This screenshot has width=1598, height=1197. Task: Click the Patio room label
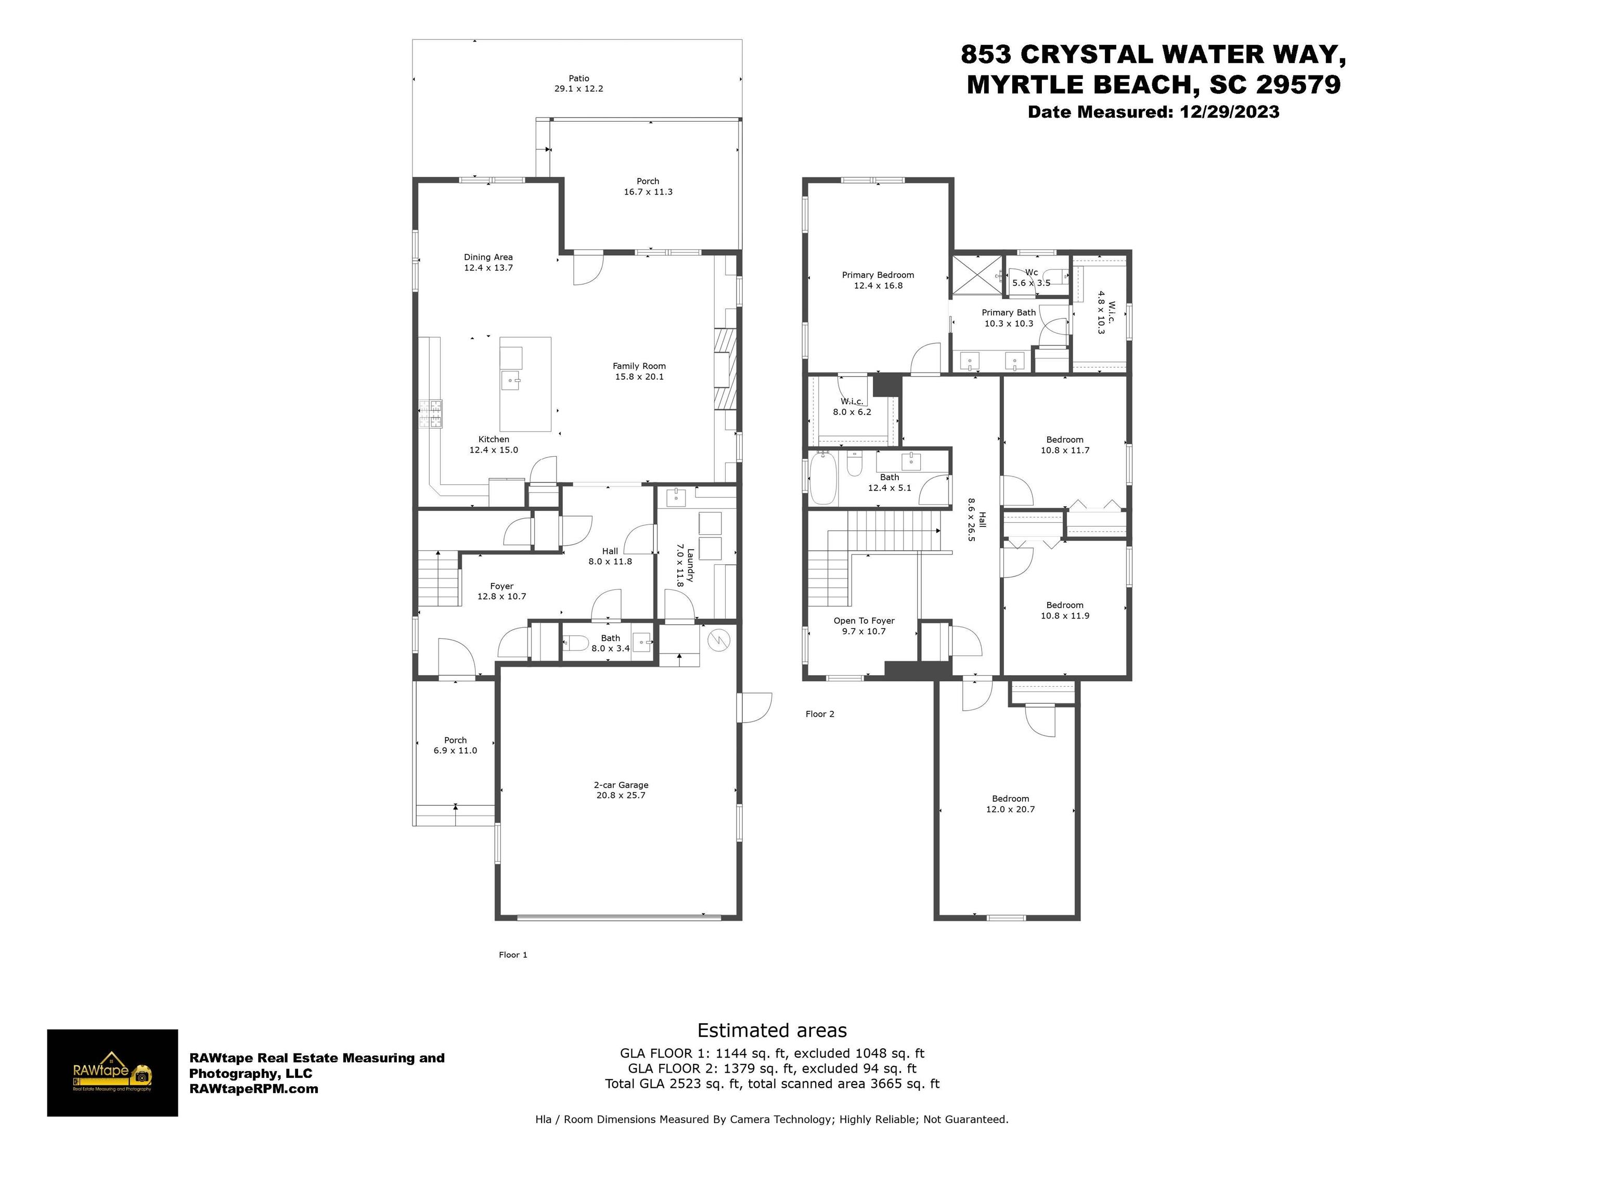tap(578, 78)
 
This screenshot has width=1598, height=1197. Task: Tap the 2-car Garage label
tap(621, 784)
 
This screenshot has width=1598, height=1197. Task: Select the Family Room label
tap(639, 366)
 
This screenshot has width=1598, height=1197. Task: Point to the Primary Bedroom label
tap(878, 275)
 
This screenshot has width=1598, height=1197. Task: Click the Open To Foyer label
tap(864, 621)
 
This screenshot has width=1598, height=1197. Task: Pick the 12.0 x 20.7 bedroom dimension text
tap(1010, 809)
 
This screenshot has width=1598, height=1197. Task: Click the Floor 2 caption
tap(820, 714)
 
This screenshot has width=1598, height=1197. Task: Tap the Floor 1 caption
tap(513, 954)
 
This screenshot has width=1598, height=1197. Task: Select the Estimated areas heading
tap(771, 1030)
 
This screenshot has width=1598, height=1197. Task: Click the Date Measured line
tap(1153, 112)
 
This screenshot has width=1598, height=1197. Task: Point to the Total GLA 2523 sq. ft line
tap(772, 1084)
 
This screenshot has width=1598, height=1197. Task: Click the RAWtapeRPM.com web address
tap(253, 1089)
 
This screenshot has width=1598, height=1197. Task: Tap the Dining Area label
tap(488, 256)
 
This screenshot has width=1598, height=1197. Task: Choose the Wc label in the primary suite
tap(1032, 273)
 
